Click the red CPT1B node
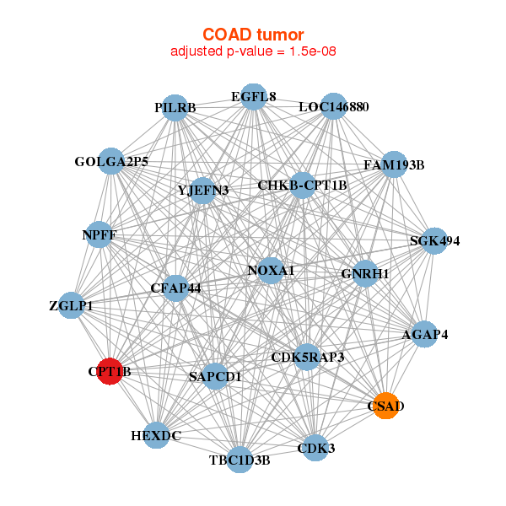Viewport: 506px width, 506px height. [110, 371]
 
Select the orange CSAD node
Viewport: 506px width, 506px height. [385, 406]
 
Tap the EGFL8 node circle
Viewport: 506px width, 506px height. [254, 97]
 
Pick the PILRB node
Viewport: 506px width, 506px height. [175, 108]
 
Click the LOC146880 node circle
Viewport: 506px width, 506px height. [334, 106]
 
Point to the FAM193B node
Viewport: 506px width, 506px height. [394, 164]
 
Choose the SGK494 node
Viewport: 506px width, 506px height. [434, 240]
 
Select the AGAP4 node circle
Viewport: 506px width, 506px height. [425, 334]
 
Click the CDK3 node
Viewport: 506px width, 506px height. [315, 448]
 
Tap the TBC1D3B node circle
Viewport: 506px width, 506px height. [240, 460]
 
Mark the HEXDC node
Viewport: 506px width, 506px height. [156, 435]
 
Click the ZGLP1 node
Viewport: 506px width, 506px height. [72, 305]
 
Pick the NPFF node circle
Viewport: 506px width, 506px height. [100, 234]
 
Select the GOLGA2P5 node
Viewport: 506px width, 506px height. [111, 161]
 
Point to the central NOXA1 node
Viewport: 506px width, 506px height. [271, 271]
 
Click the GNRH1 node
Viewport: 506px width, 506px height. [365, 273]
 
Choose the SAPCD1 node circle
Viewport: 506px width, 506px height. [215, 376]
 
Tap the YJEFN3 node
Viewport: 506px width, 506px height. [203, 191]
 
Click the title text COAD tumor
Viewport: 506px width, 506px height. [253, 35]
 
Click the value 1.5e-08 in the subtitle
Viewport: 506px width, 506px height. [313, 51]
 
